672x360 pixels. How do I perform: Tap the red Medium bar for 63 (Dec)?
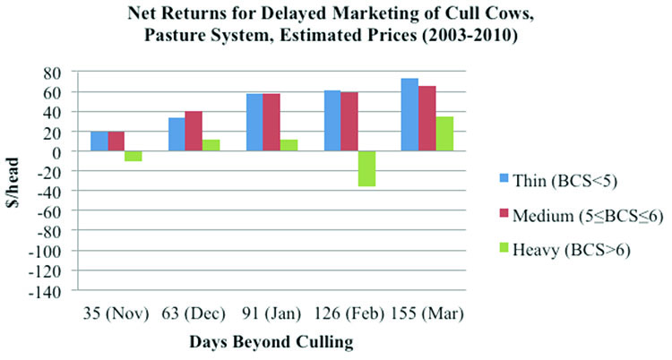(194, 132)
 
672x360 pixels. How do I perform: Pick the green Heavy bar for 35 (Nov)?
(133, 156)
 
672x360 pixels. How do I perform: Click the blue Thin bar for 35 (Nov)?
(99, 141)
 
